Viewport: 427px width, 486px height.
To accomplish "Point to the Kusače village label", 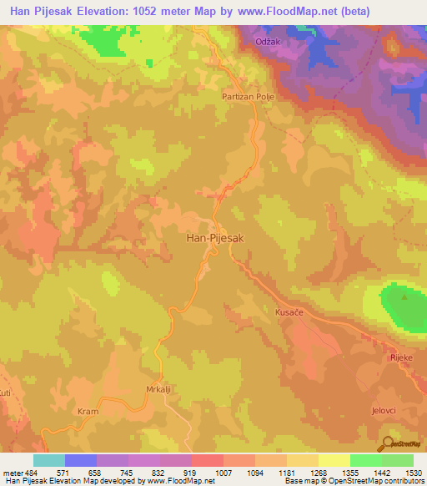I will coord(289,312).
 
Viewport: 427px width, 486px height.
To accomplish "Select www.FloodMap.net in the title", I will coord(280,12).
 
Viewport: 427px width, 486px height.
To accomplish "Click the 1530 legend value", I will coord(411,472).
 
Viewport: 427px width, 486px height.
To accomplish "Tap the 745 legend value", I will coord(127,472).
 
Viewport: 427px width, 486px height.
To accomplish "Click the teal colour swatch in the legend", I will coord(48,460).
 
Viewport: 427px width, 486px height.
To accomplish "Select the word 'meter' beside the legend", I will coord(13,472).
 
